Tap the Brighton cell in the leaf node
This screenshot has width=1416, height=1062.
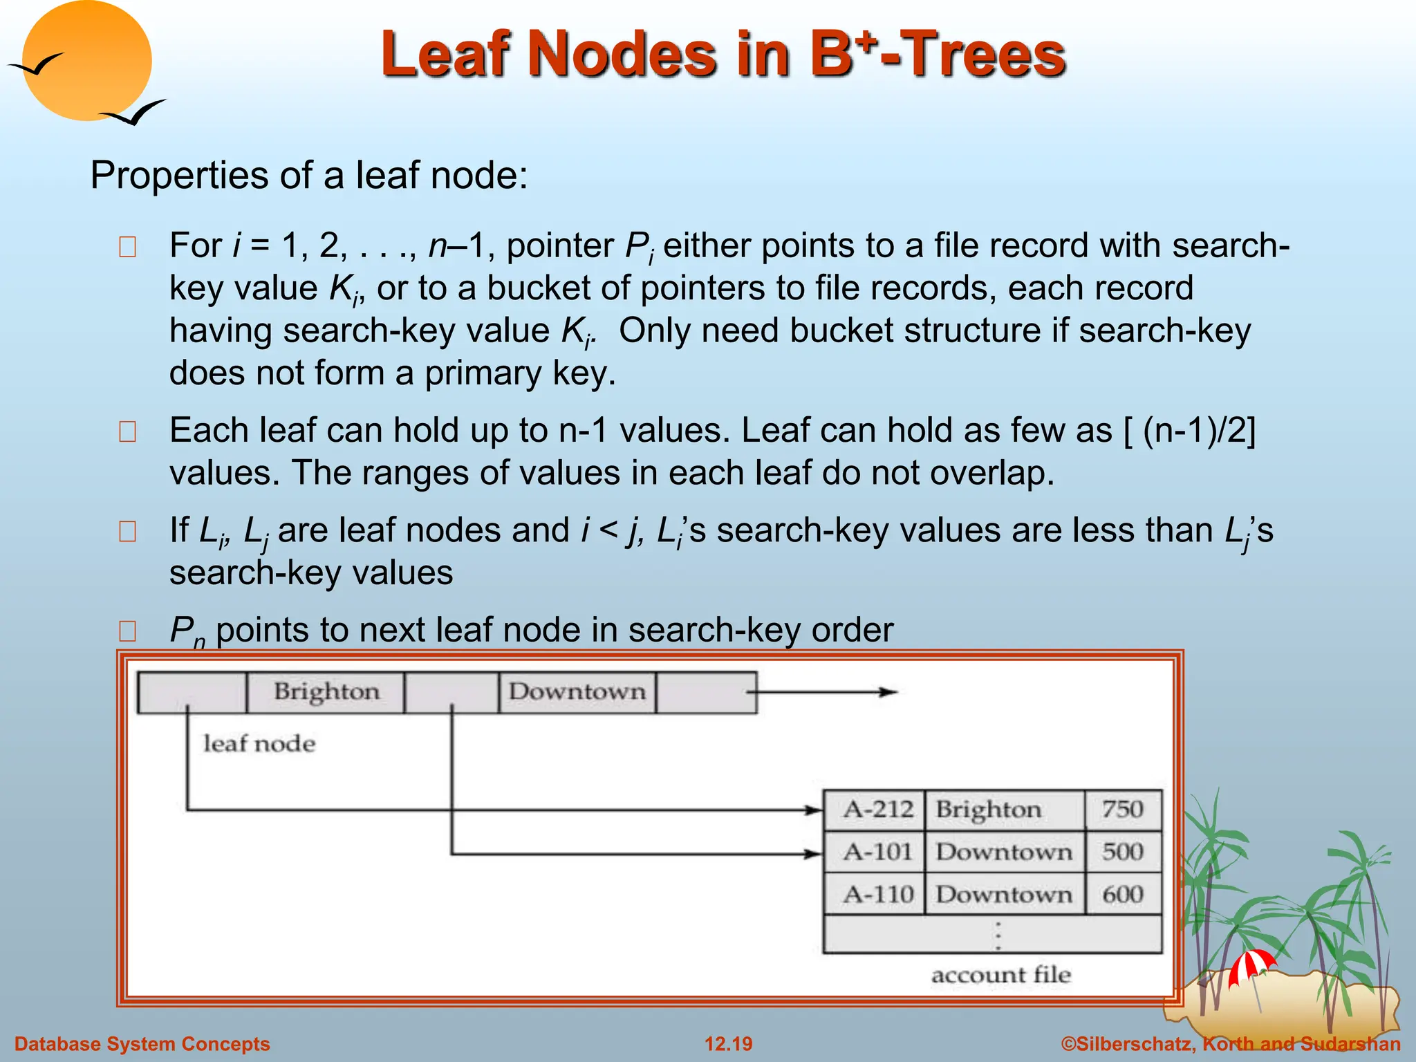click(x=326, y=691)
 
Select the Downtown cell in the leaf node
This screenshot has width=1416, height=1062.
click(x=577, y=691)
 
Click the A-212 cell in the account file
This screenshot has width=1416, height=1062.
click(x=877, y=810)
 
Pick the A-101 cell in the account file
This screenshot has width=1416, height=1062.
click(x=877, y=852)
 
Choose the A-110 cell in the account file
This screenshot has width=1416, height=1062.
click(x=877, y=895)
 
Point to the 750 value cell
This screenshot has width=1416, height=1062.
click(x=1123, y=810)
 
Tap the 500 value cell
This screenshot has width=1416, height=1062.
click(x=1123, y=852)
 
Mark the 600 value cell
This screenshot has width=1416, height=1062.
click(x=1123, y=895)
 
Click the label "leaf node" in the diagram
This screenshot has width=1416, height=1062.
click(x=259, y=744)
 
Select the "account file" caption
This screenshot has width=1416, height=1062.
click(x=1001, y=975)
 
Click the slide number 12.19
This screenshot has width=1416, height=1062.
click(x=728, y=1044)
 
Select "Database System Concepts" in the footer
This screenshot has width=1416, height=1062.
click(x=142, y=1044)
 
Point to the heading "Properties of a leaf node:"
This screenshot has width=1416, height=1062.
click(x=309, y=175)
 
